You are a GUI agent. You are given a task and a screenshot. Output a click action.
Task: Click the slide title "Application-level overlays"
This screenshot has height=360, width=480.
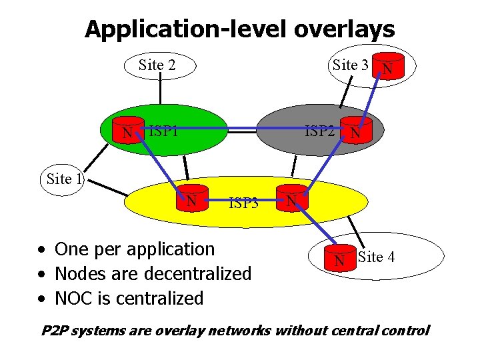(x=239, y=29)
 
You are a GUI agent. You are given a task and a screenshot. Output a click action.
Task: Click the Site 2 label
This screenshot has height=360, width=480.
(x=157, y=65)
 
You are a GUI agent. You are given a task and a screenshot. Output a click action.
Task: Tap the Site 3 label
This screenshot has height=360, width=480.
(x=350, y=65)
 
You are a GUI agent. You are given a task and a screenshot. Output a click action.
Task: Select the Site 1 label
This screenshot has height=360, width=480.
(x=65, y=179)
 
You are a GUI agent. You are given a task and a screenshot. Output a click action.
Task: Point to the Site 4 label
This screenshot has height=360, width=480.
(x=376, y=256)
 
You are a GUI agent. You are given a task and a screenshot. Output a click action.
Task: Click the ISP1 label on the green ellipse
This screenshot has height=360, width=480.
(x=163, y=131)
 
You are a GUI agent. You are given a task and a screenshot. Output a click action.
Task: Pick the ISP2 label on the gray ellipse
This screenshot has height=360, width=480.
(x=319, y=131)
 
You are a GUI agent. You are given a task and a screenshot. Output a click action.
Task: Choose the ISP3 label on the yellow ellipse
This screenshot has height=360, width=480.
(x=243, y=203)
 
